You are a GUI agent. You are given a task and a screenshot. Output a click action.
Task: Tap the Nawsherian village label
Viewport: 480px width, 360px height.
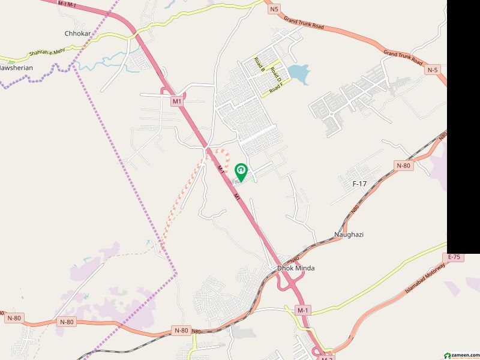[17, 68]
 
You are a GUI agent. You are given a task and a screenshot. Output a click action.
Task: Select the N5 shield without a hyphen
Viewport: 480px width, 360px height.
[275, 9]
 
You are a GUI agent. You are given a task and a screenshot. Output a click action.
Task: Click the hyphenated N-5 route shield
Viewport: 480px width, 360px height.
[433, 70]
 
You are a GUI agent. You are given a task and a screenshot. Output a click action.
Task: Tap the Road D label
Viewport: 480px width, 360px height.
[275, 74]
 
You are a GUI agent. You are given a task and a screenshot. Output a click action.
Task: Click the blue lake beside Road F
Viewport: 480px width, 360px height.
[298, 74]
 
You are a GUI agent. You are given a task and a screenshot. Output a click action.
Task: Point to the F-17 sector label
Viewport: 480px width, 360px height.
[359, 184]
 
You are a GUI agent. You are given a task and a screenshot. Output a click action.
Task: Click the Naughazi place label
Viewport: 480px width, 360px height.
[349, 235]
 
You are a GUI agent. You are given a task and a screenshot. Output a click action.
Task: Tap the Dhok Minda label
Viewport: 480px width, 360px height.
[295, 268]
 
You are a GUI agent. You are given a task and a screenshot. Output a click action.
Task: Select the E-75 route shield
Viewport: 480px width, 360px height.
[454, 257]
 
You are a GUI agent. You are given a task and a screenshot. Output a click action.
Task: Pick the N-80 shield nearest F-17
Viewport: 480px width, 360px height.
[403, 165]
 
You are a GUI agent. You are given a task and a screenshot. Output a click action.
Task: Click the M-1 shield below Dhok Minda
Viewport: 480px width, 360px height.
[303, 310]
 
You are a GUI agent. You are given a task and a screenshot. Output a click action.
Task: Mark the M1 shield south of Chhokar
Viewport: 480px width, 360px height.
[176, 101]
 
